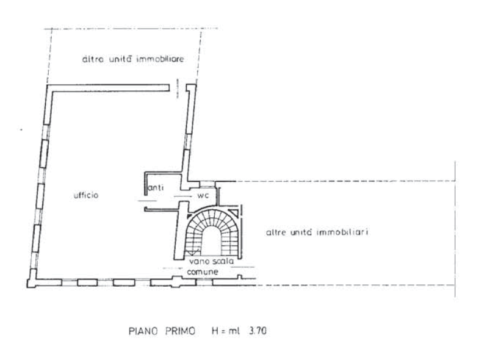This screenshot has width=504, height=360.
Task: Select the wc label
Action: pyautogui.click(x=201, y=195)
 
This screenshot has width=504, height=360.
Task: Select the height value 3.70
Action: pyautogui.click(x=259, y=331)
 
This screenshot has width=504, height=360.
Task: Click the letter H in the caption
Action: pyautogui.click(x=215, y=331)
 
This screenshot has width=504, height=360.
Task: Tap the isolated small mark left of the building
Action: pyautogui.click(x=19, y=128)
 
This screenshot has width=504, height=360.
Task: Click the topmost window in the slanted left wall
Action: pyautogui.click(x=46, y=113)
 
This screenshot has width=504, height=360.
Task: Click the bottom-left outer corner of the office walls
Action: pyautogui.click(x=31, y=284)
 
